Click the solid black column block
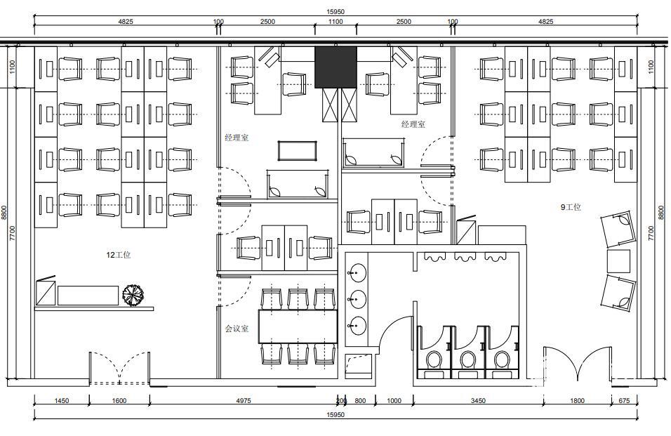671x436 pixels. tap(335, 67)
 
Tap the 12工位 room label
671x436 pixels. tap(119, 255)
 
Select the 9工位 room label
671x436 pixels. tap(571, 207)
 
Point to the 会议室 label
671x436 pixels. tap(237, 329)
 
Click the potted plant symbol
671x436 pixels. tap(133, 295)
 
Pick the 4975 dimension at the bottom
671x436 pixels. tap(244, 401)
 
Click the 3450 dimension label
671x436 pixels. tap(478, 401)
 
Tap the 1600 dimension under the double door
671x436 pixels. tap(119, 401)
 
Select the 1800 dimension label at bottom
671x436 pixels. tap(577, 401)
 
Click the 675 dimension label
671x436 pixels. tap(625, 401)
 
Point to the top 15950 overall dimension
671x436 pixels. tap(335, 12)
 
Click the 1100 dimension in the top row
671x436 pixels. tap(335, 21)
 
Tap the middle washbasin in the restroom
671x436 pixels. tap(356, 298)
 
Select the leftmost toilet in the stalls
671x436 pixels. tap(434, 360)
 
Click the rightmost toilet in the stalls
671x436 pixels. tap(502, 360)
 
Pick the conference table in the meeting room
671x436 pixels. tap(298, 326)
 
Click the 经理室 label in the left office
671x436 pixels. tap(237, 138)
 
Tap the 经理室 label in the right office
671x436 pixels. tap(413, 124)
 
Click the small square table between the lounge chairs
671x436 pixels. tap(619, 261)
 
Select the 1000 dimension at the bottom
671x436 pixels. tap(394, 401)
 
